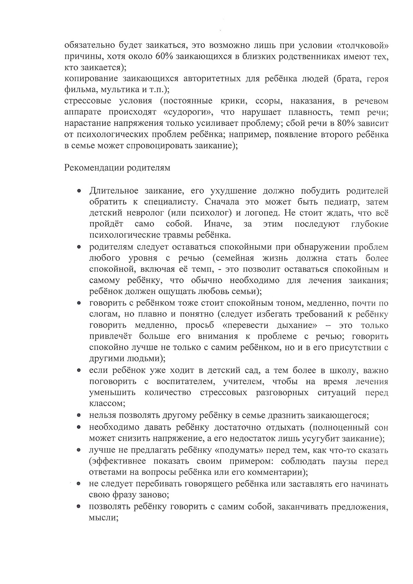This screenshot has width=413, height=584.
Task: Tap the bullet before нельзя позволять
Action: [79, 416]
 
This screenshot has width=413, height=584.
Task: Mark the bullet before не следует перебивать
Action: [79, 484]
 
